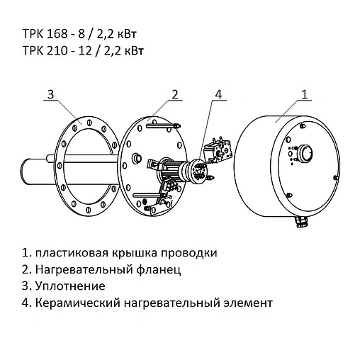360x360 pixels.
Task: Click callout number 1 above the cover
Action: [304, 94]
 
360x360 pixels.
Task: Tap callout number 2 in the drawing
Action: [174, 94]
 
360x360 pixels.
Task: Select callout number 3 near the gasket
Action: [50, 94]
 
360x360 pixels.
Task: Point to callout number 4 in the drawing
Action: [218, 94]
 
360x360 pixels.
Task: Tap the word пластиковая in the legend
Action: [68, 253]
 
